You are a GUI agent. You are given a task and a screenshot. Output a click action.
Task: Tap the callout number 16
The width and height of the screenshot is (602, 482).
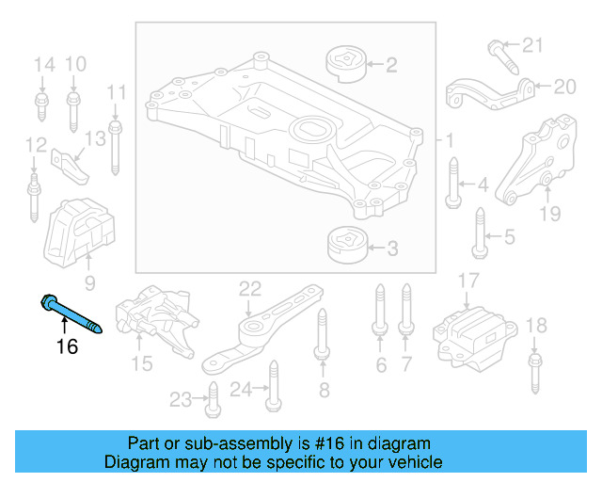66,346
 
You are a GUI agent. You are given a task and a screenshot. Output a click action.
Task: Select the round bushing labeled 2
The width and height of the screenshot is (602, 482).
344,64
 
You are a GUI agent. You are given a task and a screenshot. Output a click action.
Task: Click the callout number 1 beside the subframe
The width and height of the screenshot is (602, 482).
449,141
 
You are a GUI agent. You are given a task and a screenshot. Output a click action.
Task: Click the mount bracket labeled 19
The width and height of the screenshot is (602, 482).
536,160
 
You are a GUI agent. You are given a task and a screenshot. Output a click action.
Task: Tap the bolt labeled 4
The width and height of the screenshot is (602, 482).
455,183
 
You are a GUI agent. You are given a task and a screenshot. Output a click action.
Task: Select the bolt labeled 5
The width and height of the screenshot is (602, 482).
479,235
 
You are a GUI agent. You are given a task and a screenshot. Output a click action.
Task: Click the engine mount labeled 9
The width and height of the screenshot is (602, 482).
81,232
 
